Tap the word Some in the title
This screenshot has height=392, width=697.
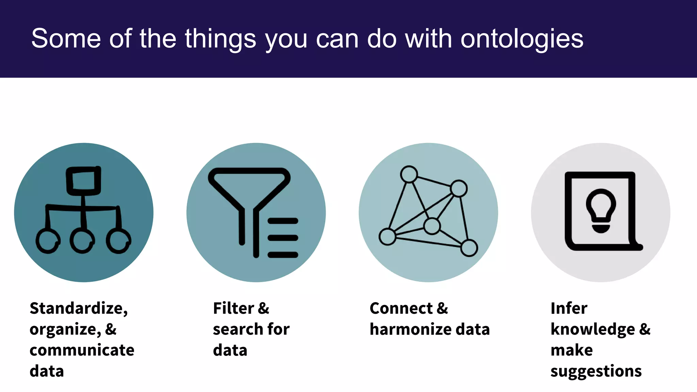pyautogui.click(x=66, y=38)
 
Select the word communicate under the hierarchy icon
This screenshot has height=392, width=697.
pyautogui.click(x=82, y=350)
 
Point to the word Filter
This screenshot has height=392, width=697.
pyautogui.click(x=233, y=308)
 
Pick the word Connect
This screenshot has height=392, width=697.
pyautogui.click(x=401, y=308)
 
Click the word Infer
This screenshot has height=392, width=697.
pyautogui.click(x=569, y=308)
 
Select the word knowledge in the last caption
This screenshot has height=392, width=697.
pyautogui.click(x=593, y=330)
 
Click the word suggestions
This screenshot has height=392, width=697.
pyautogui.click(x=596, y=371)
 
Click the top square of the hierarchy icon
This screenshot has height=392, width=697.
pyautogui.click(x=83, y=180)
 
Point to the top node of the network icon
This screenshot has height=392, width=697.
pyautogui.click(x=409, y=174)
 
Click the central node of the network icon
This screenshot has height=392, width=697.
pyautogui.click(x=432, y=226)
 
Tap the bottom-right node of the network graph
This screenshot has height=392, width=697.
pyautogui.click(x=469, y=248)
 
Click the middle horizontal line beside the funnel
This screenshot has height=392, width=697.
pyautogui.click(x=283, y=238)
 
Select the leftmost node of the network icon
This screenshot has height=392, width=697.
pyautogui.click(x=387, y=236)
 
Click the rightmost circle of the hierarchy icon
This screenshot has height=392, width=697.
pyautogui.click(x=118, y=241)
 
